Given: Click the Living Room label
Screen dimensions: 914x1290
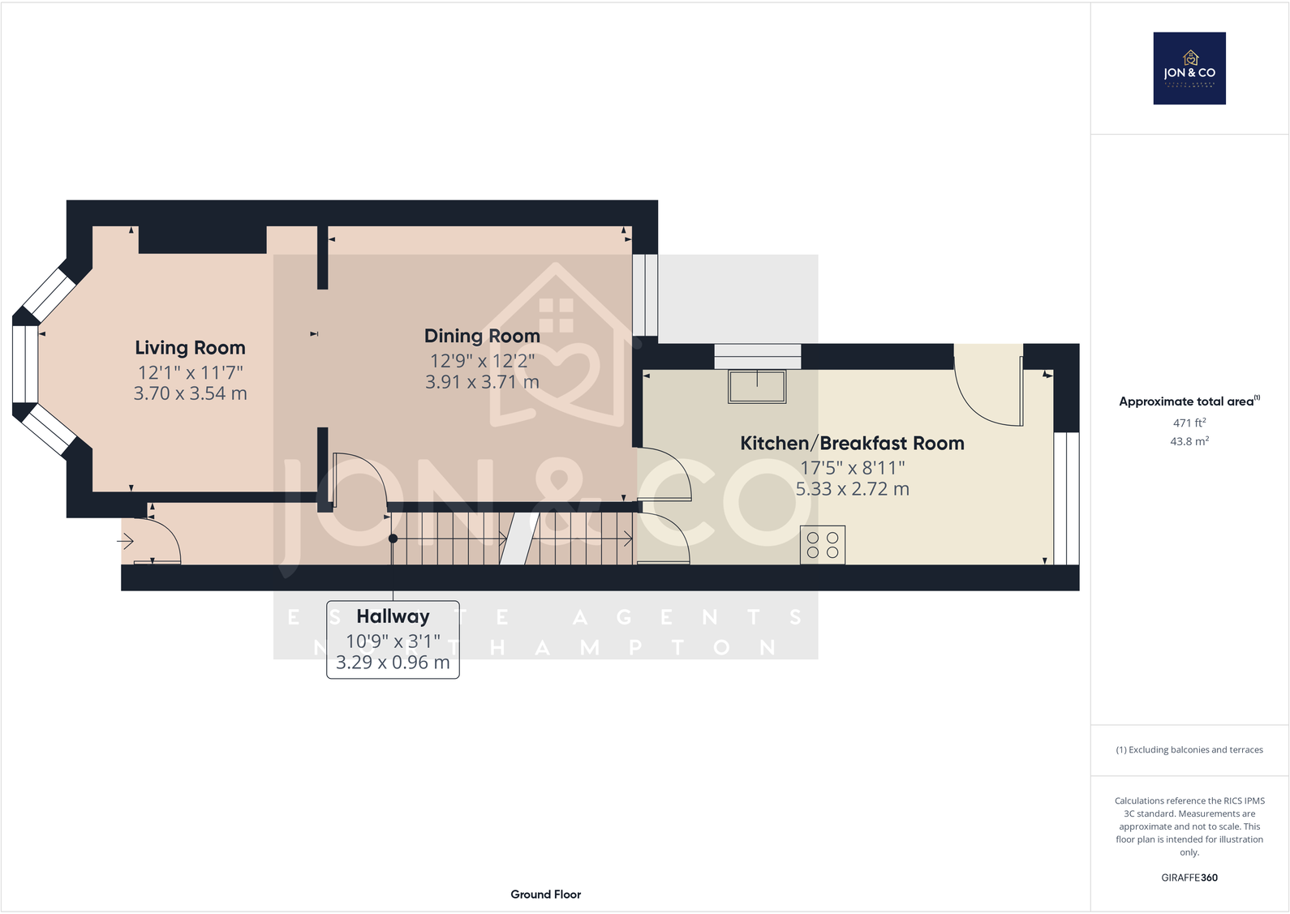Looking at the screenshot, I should point(190,348).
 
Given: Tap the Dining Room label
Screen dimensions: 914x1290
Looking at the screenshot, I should point(482,337).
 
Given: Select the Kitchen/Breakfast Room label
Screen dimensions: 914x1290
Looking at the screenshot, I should point(852,444).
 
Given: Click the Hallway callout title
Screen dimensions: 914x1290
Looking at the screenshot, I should point(393,616).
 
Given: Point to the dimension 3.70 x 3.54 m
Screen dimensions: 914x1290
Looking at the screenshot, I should point(190,393).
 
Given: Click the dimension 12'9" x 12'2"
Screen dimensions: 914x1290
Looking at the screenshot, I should point(482,361).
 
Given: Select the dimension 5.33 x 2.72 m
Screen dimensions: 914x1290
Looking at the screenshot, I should point(852,489).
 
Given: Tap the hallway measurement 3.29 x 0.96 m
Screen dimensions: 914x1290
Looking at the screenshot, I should point(393,662).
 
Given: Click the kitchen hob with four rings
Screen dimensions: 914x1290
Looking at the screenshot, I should point(823,545).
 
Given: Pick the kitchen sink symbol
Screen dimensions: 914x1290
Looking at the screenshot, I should point(757,387).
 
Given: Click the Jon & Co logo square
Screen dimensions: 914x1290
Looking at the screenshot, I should point(1189,68).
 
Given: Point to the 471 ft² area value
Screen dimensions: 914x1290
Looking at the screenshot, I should point(1189,423).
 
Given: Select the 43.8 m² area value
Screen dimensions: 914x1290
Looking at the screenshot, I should point(1189,441).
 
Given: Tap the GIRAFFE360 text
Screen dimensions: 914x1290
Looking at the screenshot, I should point(1189,878).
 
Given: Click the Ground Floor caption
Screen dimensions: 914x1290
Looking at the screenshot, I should point(545,895).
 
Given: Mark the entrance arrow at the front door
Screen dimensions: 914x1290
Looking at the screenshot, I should point(126,540).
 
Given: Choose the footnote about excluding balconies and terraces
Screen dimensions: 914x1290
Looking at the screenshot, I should point(1189,750).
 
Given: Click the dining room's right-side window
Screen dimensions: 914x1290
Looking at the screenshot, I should point(645,295).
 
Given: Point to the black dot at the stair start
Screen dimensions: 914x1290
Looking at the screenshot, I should point(393,539).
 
